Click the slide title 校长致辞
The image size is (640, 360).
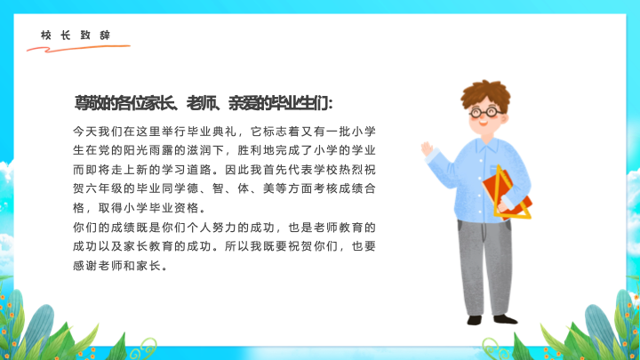click(x=76, y=35)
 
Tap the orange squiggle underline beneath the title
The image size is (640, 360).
click(x=77, y=49)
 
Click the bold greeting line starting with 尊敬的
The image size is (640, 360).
click(x=204, y=103)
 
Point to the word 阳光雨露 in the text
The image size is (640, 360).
click(x=148, y=150)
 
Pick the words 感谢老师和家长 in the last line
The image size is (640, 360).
click(x=116, y=266)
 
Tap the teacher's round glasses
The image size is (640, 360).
click(x=485, y=112)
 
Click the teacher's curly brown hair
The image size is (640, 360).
click(x=485, y=94)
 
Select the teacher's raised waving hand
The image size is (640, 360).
click(x=427, y=149)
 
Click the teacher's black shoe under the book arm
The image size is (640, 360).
click(x=505, y=319)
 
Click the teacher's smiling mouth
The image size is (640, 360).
click(x=484, y=123)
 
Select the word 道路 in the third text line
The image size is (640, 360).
click(x=199, y=170)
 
